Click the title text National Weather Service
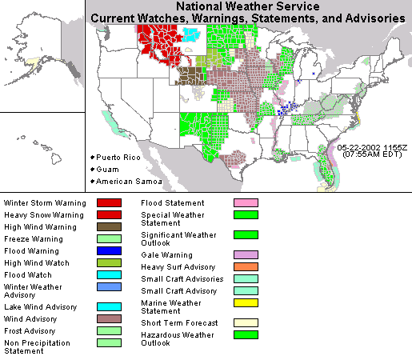(x=248, y=6)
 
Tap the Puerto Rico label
(x=118, y=158)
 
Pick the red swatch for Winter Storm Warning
(x=109, y=203)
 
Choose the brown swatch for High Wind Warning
(x=109, y=226)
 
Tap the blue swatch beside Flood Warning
(x=109, y=250)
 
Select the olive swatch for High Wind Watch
(x=109, y=262)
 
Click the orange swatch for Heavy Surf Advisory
(x=246, y=266)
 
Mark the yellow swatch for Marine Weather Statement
(x=246, y=302)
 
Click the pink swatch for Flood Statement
(x=246, y=203)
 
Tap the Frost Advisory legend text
(x=30, y=330)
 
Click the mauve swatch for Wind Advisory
(x=109, y=318)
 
